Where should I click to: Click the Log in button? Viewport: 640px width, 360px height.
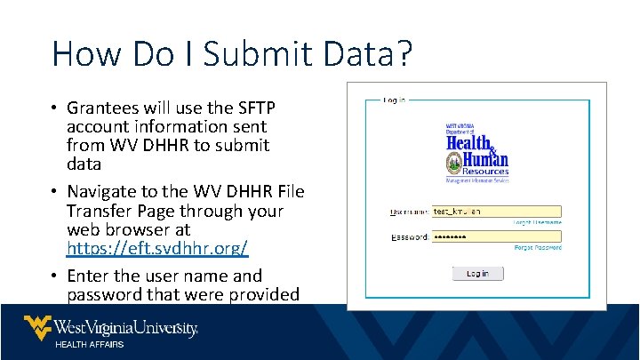[x=477, y=273]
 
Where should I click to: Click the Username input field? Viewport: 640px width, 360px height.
[x=496, y=212]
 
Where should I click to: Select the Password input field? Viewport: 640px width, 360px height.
[x=496, y=237]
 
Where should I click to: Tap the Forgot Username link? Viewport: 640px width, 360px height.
[x=538, y=222]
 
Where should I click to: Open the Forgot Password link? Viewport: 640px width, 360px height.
[x=538, y=248]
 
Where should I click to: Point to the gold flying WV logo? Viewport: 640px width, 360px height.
[x=37, y=327]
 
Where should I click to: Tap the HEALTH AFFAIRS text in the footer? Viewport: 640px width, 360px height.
[x=90, y=344]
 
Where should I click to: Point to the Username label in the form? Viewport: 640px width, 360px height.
[x=410, y=212]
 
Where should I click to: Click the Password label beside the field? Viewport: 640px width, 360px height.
[x=410, y=237]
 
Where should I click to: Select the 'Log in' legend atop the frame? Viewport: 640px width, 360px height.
[x=395, y=100]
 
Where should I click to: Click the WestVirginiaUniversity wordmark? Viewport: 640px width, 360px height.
[x=125, y=327]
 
